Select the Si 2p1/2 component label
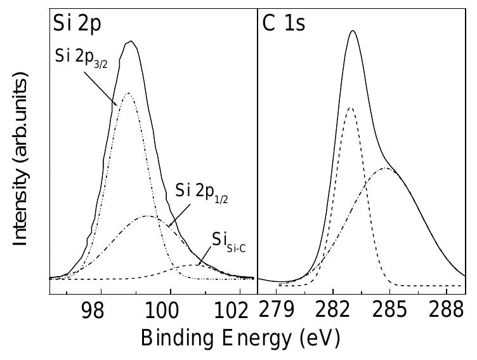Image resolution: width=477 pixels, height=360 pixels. (202, 191)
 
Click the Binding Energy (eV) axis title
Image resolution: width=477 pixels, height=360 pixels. (240, 338)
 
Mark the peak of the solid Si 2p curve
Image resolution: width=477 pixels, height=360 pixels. (131, 41)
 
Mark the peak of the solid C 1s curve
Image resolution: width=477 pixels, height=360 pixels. (353, 30)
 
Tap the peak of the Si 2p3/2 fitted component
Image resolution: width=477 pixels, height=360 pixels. (128, 93)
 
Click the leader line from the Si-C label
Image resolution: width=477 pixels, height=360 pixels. (204, 258)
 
